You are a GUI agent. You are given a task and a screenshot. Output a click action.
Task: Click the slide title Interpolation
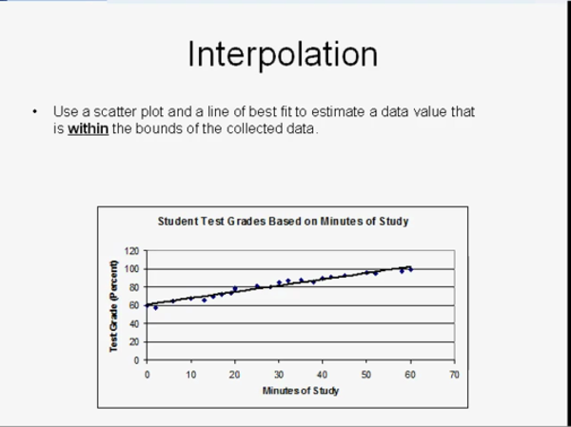pos(283,54)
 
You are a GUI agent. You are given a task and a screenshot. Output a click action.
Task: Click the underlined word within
pos(89,128)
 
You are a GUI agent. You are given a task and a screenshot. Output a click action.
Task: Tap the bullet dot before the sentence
pos(35,111)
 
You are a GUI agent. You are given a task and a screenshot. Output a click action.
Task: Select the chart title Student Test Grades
pos(283,222)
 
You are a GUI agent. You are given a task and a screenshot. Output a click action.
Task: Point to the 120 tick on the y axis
pos(131,251)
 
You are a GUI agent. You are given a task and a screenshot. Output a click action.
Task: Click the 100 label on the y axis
pos(131,269)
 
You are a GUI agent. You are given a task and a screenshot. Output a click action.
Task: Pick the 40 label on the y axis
pos(134,323)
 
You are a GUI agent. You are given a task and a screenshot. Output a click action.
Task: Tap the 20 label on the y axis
pos(134,341)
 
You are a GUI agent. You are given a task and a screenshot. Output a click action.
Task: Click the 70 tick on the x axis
pos(454,375)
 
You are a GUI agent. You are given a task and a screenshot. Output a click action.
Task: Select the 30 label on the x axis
pos(279,375)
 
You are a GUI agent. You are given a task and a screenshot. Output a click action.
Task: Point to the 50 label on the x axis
pos(366,375)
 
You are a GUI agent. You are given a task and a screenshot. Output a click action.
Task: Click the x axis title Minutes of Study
pos(301,391)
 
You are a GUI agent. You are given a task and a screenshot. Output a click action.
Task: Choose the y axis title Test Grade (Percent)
pos(114,306)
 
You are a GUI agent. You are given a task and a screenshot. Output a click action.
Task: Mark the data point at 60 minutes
pos(411,269)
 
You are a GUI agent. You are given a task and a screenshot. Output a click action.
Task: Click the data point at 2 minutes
pos(155,307)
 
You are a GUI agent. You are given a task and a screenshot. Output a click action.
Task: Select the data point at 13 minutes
pos(204,300)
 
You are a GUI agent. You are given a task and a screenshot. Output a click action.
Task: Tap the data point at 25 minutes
pos(257,286)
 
